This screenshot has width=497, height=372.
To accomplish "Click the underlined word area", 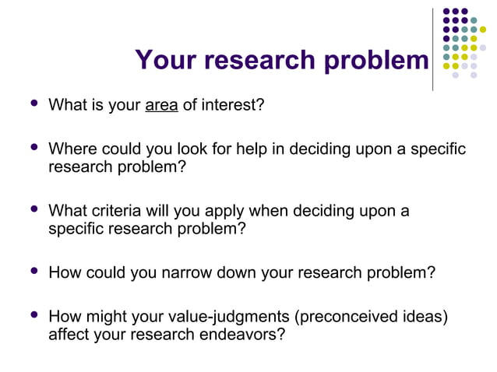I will tap(161, 104).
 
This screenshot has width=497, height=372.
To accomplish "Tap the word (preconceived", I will tap(331, 317).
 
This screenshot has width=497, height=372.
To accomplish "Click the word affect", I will tap(69, 335).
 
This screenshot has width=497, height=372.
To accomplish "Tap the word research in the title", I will tap(268, 61).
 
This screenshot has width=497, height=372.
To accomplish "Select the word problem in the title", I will tap(382, 61).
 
